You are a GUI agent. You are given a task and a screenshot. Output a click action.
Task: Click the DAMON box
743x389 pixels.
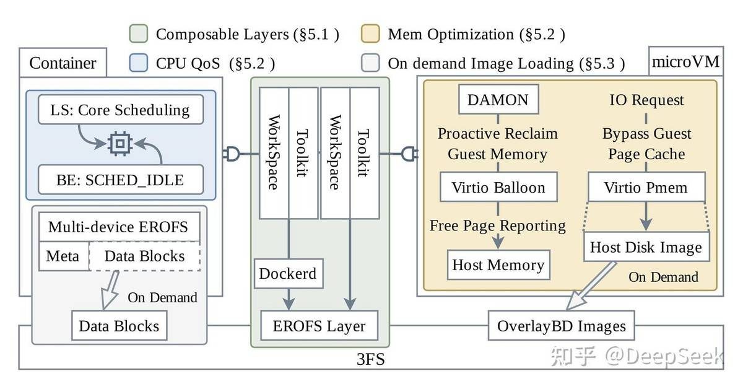coord(498,99)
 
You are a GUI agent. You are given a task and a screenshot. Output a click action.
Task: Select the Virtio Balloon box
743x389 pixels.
coord(498,187)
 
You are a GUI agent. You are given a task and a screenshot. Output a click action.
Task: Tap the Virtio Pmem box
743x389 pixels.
coord(646,187)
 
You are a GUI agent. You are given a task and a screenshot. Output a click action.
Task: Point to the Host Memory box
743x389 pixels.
coord(498,264)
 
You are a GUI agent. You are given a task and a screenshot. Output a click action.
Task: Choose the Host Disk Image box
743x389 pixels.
coord(646,247)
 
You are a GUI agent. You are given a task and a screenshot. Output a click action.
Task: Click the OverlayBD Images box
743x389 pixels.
coord(561,326)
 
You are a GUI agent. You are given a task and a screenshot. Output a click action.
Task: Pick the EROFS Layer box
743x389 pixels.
coord(319,326)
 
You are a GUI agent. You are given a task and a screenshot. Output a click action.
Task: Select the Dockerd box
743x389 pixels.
coord(289,274)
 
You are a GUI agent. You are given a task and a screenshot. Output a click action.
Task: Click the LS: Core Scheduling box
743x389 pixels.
coord(121,110)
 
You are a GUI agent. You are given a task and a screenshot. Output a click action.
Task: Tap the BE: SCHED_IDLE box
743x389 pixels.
coord(121,180)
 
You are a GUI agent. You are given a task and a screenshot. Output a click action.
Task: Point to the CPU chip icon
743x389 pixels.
coord(120,144)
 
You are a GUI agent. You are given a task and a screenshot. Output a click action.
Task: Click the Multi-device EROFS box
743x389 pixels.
coord(119,227)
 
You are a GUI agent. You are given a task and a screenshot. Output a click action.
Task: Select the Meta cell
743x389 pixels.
coord(64,256)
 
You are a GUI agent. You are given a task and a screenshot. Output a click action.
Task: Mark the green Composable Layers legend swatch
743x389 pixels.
coord(138,33)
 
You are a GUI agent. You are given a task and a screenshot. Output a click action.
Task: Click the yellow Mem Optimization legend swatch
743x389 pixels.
coord(370,33)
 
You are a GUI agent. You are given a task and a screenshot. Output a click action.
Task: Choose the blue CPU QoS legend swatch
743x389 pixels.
coord(138,63)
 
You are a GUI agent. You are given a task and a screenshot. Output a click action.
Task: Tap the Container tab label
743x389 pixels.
coord(63,63)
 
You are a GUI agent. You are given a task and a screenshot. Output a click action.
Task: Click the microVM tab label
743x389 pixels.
coord(685,61)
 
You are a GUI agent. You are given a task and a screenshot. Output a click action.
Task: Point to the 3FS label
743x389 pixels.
coord(370,359)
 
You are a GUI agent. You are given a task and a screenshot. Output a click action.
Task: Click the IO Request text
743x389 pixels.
coord(646,100)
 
